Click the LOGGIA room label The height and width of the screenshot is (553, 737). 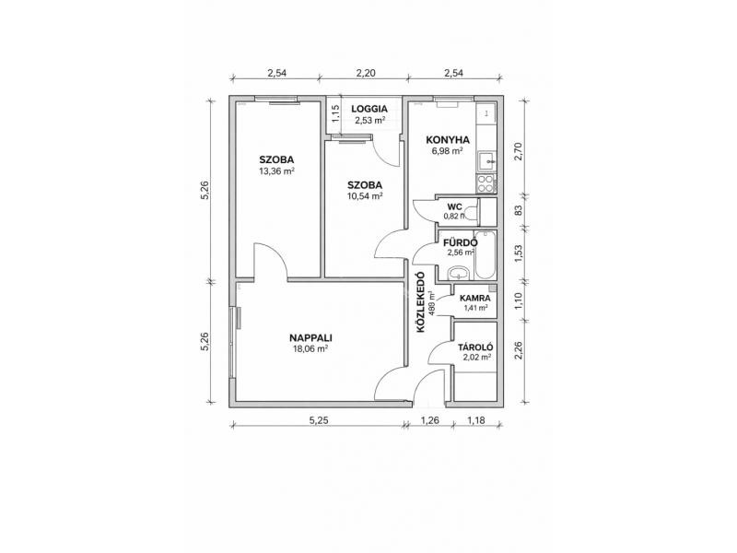(x=369, y=109)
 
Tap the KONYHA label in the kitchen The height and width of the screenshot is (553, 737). (x=448, y=140)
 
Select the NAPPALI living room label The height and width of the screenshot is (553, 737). (x=310, y=338)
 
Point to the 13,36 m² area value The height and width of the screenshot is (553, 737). (x=277, y=171)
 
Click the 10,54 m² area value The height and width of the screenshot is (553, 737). (x=365, y=196)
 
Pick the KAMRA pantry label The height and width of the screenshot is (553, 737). (x=475, y=298)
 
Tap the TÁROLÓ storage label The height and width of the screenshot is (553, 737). (x=475, y=347)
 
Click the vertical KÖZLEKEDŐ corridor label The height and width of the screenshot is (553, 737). (x=421, y=302)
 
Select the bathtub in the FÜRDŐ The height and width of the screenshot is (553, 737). (x=485, y=254)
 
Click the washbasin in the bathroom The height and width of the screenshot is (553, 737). (x=457, y=273)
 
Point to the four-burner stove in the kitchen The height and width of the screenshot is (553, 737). (x=485, y=183)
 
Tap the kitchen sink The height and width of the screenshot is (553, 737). (x=486, y=160)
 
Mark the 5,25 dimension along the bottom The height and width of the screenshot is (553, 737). (x=319, y=420)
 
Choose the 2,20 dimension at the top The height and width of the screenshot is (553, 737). (x=366, y=73)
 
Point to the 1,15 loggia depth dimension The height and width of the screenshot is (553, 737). (x=335, y=114)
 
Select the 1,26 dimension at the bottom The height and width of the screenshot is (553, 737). (x=429, y=420)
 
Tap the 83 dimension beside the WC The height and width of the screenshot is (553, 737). (x=519, y=210)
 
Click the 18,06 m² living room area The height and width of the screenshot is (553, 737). (x=310, y=349)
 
